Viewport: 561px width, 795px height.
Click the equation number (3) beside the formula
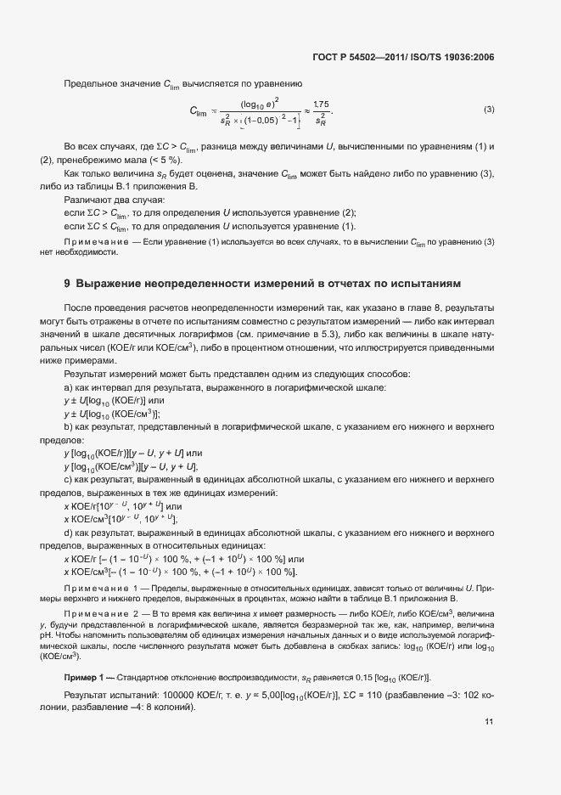(489, 110)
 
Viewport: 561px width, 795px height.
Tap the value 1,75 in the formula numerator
(322, 103)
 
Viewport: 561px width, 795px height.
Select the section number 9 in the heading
(67, 282)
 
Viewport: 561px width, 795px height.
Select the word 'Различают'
(87, 199)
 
